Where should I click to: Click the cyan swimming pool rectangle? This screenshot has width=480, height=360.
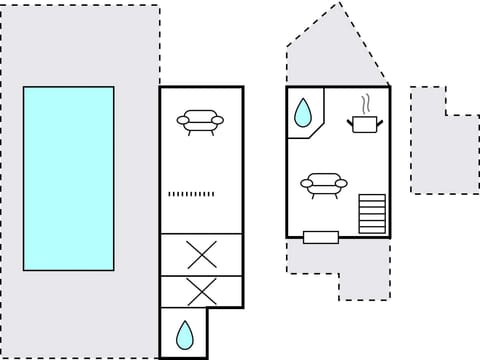(68, 178)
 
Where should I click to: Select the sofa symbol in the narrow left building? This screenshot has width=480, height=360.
(200, 121)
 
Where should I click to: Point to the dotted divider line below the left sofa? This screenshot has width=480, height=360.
(192, 193)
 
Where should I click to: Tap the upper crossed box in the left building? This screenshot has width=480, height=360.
(201, 255)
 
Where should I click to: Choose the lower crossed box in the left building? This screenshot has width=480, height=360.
(201, 292)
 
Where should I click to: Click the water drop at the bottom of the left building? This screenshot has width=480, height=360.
(184, 333)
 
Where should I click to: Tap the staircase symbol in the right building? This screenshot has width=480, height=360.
(372, 213)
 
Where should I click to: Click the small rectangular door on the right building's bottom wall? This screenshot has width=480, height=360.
(321, 237)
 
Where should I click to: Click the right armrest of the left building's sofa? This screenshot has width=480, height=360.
(218, 121)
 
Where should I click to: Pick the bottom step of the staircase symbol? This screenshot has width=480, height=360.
(372, 229)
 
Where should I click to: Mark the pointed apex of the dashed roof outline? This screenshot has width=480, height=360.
(341, 3)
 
